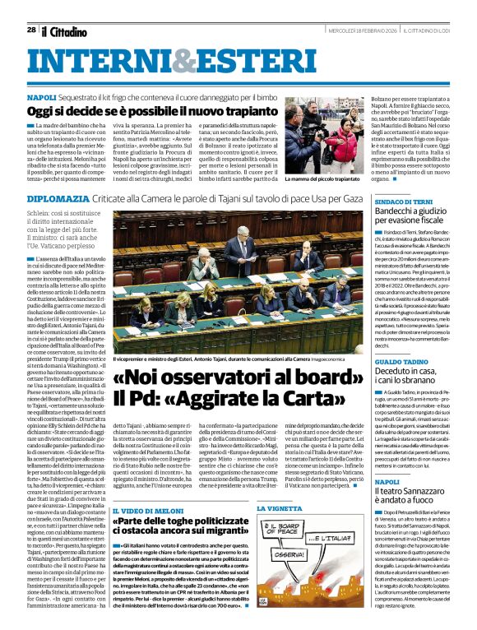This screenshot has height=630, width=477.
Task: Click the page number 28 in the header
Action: (30, 30)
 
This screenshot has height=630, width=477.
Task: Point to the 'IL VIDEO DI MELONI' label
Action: (146, 510)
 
